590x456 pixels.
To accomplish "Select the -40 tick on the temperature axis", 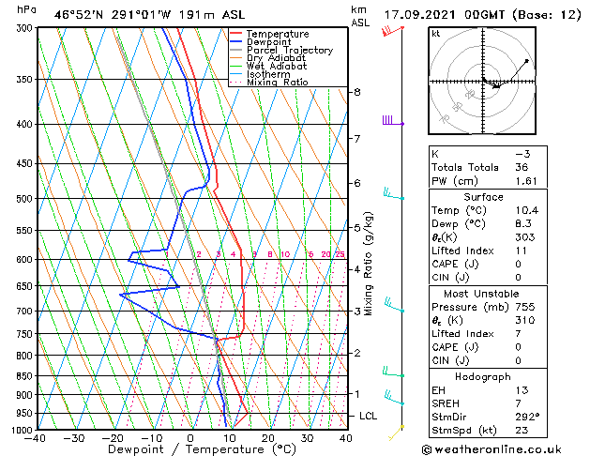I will point(36,438).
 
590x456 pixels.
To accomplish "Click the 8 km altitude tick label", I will point(356,92).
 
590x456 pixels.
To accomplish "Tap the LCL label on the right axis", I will point(369,416).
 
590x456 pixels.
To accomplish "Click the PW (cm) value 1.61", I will point(528,180).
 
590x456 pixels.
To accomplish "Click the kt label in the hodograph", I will point(436,34).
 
